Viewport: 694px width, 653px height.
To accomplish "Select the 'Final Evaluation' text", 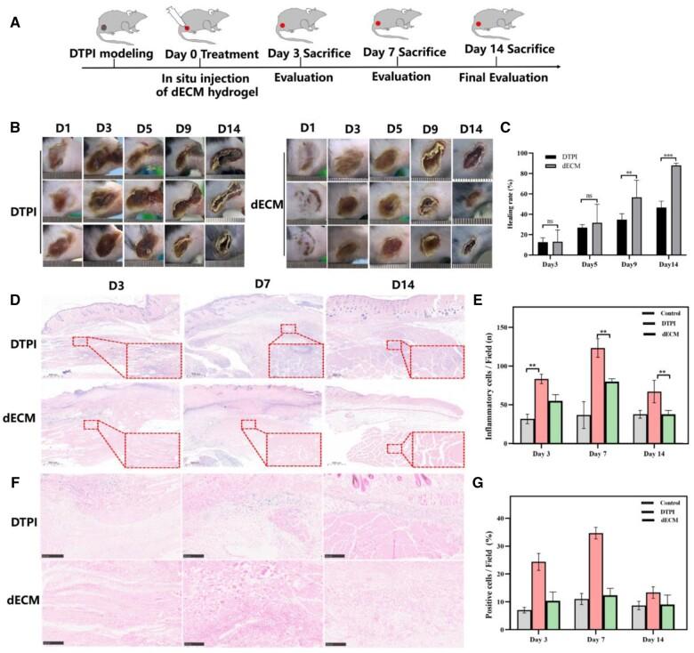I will click(504, 78).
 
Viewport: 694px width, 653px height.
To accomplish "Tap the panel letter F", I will click(15, 464).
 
